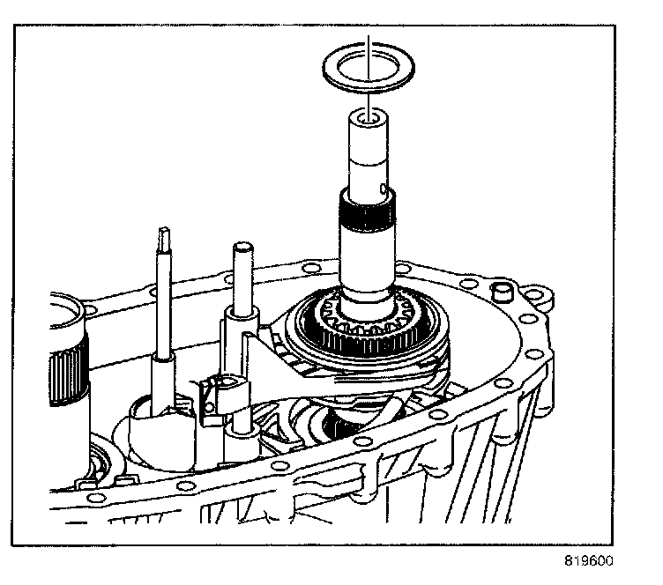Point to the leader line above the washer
[x=370, y=44]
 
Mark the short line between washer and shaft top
[x=370, y=99]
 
